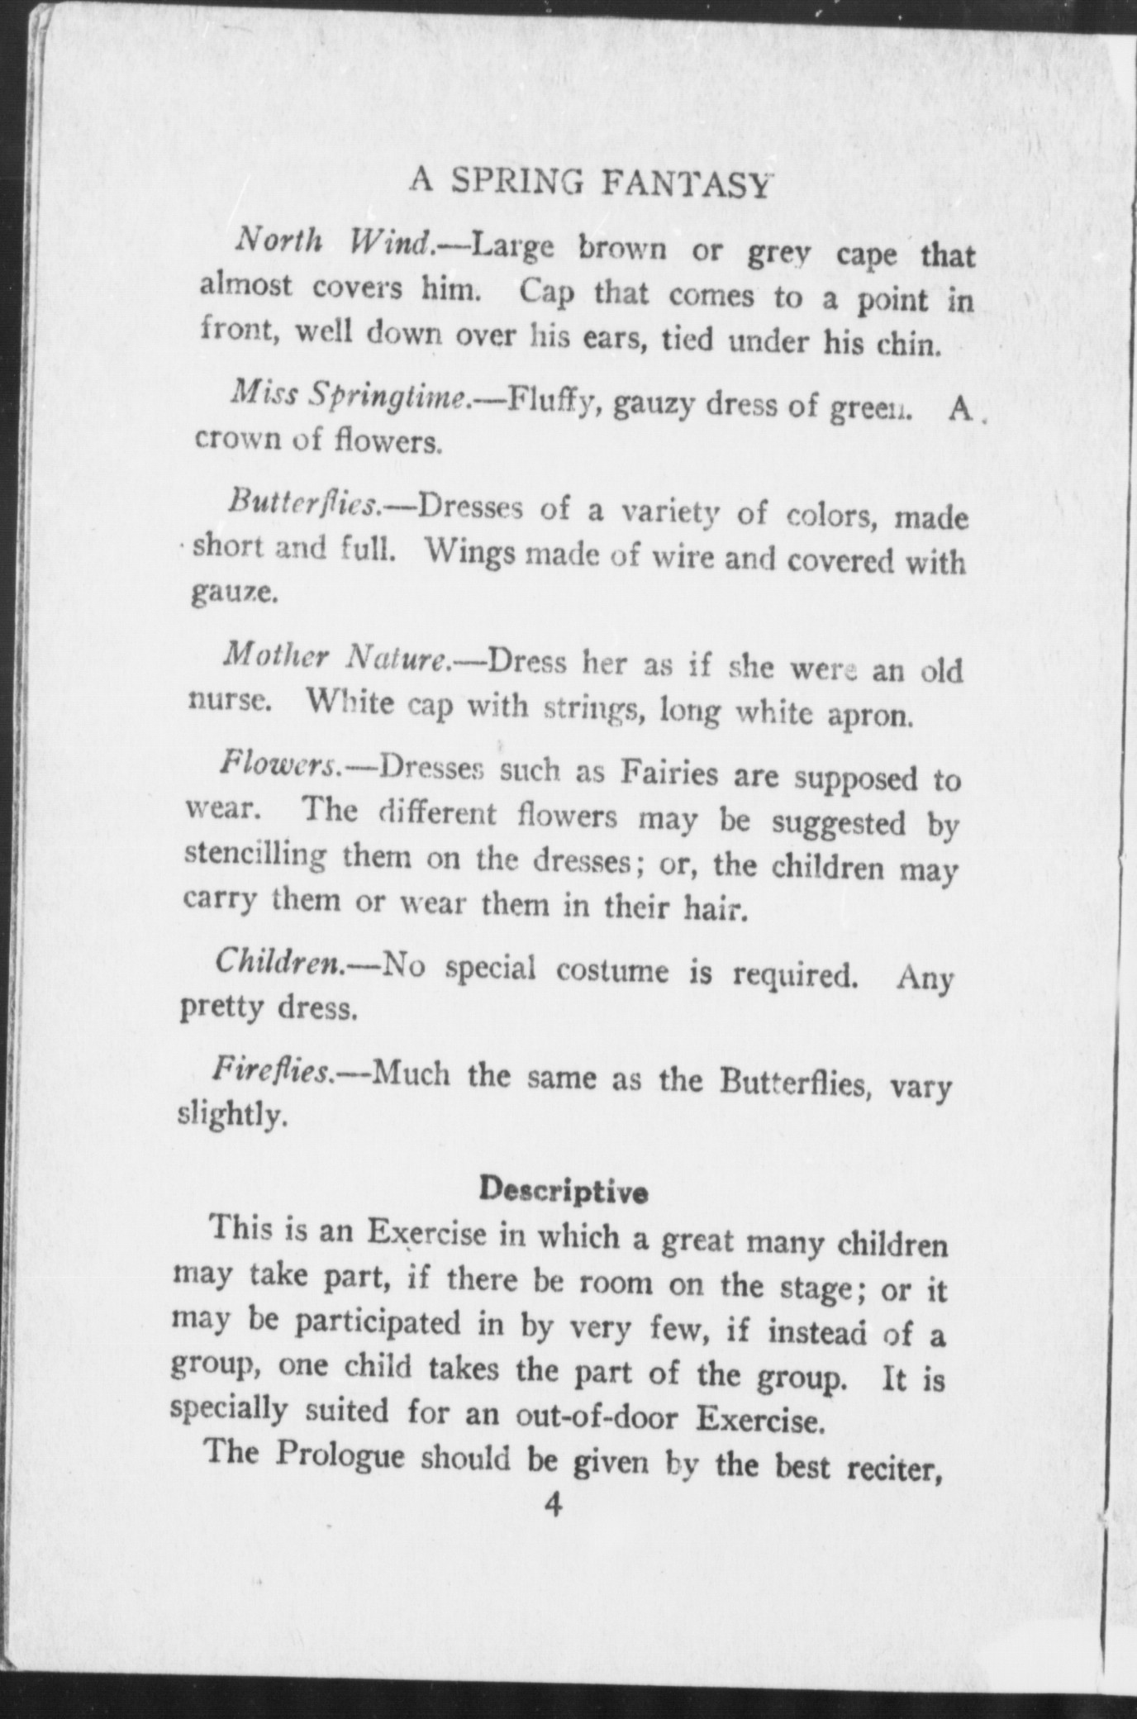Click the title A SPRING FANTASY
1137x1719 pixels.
(x=590, y=183)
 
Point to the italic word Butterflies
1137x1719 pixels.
(x=304, y=502)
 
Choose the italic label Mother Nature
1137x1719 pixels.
(x=336, y=657)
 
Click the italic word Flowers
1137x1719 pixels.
(x=279, y=764)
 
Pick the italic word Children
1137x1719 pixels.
(x=280, y=962)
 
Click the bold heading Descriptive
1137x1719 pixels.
(x=564, y=1191)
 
